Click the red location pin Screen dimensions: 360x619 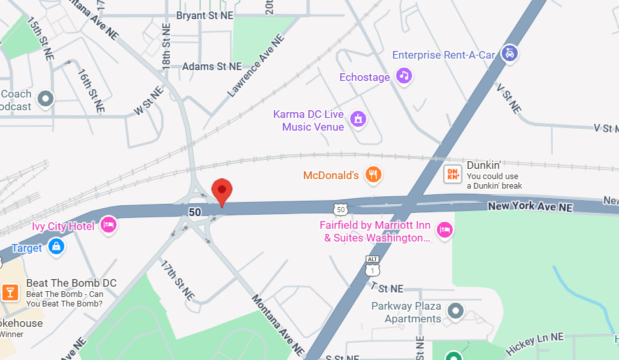coord(222,191)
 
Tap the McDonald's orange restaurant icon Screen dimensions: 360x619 coord(374,175)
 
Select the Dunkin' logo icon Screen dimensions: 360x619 coord(453,174)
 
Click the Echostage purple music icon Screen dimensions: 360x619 coord(404,76)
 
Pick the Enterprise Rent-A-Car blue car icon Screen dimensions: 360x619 coord(509,54)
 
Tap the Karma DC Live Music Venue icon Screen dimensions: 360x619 coord(359,119)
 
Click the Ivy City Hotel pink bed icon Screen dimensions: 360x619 coord(109,225)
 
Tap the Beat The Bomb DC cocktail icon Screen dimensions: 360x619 coord(10,292)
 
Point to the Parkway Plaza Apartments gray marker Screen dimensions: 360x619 coord(455,312)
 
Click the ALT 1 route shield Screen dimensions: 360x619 coord(373,266)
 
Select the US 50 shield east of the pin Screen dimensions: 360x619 coord(341,208)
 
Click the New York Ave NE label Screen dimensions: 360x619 coord(530,207)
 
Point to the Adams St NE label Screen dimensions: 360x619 coord(212,66)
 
